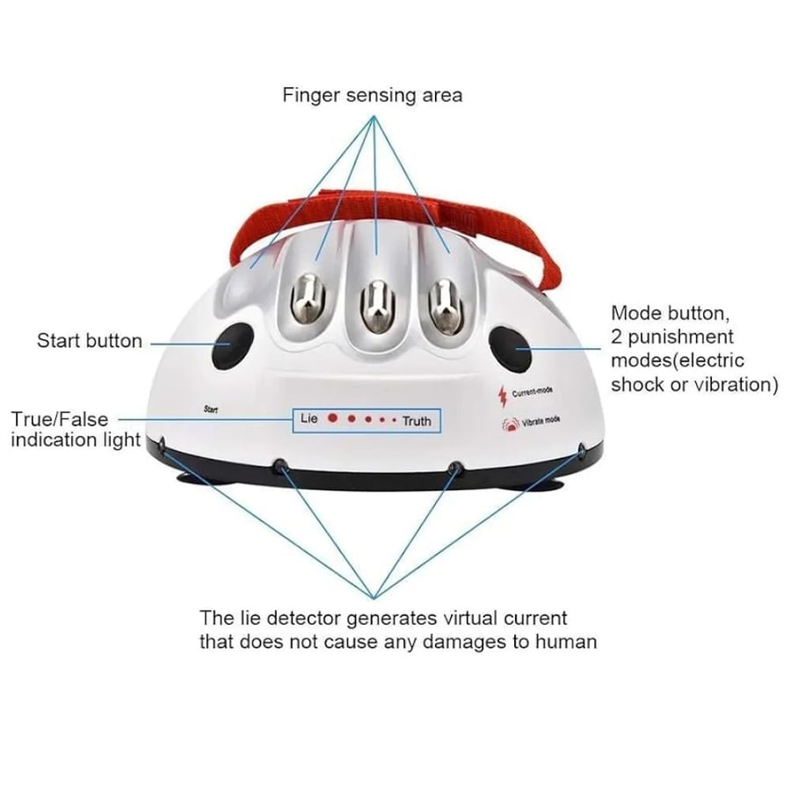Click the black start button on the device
(x=231, y=345)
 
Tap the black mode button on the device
(x=511, y=349)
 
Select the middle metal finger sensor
(x=377, y=306)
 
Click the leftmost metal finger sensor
(x=308, y=300)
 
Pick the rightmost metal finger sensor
(x=446, y=306)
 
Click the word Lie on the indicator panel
(x=309, y=418)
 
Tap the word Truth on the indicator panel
(x=417, y=421)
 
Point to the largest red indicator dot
(x=332, y=418)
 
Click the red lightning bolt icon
(x=503, y=396)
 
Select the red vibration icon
(x=511, y=424)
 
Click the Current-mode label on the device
(x=533, y=391)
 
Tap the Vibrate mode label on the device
(x=541, y=422)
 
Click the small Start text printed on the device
(x=211, y=409)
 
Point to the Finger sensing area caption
(x=373, y=95)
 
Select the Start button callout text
(x=90, y=340)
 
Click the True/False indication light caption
(x=76, y=429)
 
